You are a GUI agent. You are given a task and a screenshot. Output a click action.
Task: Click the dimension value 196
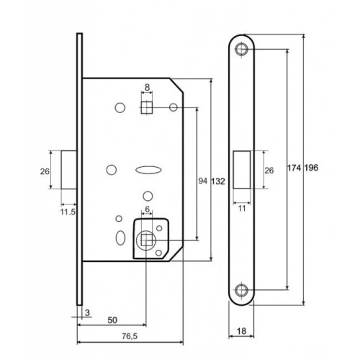(x=311, y=167)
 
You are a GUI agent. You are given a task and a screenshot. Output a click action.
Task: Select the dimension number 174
(x=294, y=167)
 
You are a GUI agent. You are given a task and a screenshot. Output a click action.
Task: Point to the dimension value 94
(x=203, y=182)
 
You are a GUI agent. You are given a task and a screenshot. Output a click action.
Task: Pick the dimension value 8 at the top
(x=147, y=88)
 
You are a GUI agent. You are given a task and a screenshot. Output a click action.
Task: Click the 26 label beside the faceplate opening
(x=269, y=171)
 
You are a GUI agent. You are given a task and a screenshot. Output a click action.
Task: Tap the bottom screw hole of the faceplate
(x=241, y=291)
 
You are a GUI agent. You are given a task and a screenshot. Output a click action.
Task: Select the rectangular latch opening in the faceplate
(x=241, y=170)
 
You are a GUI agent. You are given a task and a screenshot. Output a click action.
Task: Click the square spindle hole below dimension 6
(x=148, y=239)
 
